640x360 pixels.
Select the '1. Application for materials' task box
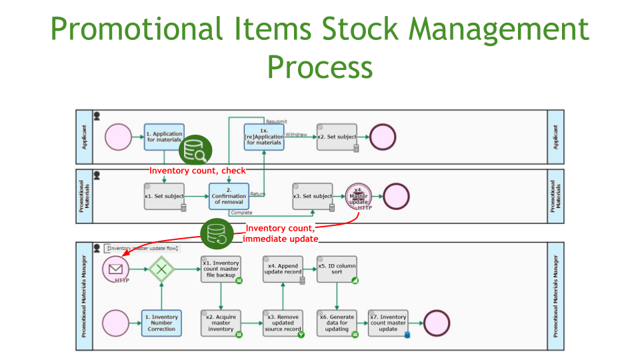(x=163, y=137)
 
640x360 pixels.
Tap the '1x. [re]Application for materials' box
(x=264, y=137)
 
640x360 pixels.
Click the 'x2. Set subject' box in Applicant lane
(x=337, y=137)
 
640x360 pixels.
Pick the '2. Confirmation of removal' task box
(x=229, y=197)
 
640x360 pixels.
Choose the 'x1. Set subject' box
(x=164, y=197)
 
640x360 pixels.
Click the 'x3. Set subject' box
(x=313, y=197)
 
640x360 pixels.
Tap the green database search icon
(x=196, y=150)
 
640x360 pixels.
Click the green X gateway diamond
(x=161, y=269)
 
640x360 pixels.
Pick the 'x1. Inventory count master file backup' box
(x=221, y=269)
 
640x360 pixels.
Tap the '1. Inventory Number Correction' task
(x=161, y=323)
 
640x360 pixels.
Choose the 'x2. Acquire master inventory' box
(x=221, y=323)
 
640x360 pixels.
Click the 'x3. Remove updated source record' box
(x=283, y=323)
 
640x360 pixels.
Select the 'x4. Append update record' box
(x=283, y=269)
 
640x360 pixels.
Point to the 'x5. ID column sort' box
(x=337, y=269)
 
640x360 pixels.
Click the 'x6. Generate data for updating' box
(x=337, y=323)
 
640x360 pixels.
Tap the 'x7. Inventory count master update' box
(x=388, y=323)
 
